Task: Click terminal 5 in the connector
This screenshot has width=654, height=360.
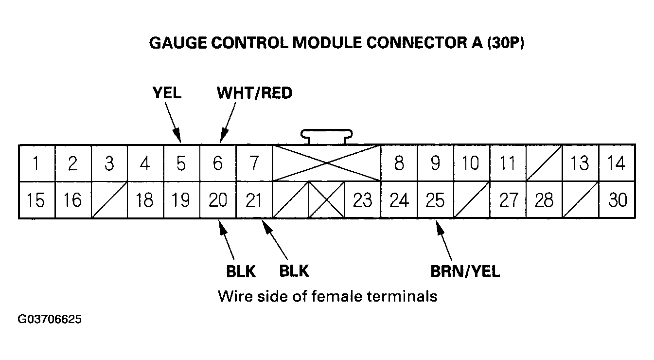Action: point(181,163)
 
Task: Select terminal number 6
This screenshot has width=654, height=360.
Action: point(217,163)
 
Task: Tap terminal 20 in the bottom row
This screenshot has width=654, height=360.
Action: point(217,200)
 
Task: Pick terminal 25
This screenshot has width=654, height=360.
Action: point(435,200)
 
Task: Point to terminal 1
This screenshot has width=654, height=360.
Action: point(36,163)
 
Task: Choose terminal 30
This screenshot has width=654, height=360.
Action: point(617,200)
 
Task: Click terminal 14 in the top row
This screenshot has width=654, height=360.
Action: point(617,163)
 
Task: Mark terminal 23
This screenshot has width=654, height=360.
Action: point(362,200)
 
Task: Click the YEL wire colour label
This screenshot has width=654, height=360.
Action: point(166,92)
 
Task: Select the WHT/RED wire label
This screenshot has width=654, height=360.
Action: point(255,92)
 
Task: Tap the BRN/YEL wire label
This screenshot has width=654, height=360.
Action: point(465,271)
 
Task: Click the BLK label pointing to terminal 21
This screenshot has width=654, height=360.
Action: point(294,270)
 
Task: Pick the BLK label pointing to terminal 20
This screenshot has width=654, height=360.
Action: point(241,271)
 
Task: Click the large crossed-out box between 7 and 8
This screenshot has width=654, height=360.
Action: point(326,163)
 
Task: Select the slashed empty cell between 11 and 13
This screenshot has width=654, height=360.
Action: point(544,163)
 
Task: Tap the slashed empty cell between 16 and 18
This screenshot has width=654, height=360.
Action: point(109,200)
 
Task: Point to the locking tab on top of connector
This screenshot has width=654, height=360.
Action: point(326,136)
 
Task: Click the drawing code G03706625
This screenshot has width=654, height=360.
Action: point(50,320)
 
